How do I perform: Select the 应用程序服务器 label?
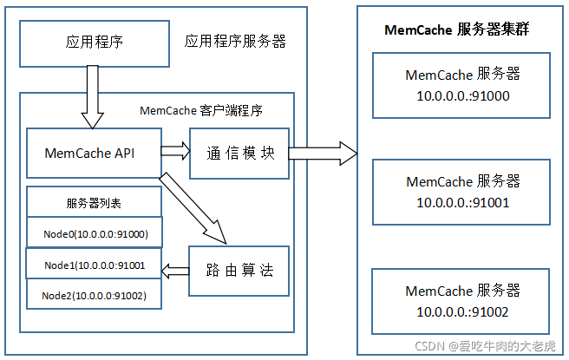(235, 42)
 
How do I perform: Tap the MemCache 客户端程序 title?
(201, 111)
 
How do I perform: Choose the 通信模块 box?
(240, 154)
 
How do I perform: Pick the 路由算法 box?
(240, 271)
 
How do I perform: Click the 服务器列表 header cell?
(95, 204)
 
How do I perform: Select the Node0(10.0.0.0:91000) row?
(95, 234)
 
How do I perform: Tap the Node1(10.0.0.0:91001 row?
(95, 264)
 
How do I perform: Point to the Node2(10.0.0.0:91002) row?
(95, 295)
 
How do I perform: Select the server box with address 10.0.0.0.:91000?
(462, 85)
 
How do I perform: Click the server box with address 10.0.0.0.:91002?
(462, 300)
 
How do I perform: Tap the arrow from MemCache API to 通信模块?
(174, 153)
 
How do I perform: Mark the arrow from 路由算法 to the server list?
(177, 270)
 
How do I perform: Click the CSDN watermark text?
(485, 346)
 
